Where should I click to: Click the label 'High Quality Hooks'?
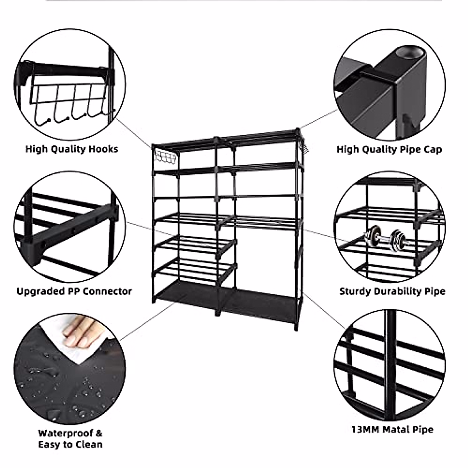pyautogui.click(x=72, y=149)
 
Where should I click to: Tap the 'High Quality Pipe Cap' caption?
pyautogui.click(x=389, y=149)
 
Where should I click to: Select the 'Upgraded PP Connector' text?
pyautogui.click(x=74, y=291)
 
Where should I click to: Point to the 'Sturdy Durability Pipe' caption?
pyautogui.click(x=392, y=291)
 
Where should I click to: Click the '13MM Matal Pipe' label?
pyautogui.click(x=392, y=430)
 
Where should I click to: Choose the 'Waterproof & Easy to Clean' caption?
pyautogui.click(x=70, y=439)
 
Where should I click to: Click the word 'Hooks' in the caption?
pyautogui.click(x=103, y=149)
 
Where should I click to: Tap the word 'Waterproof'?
pyautogui.click(x=65, y=433)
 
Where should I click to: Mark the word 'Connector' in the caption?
pyautogui.click(x=107, y=291)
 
